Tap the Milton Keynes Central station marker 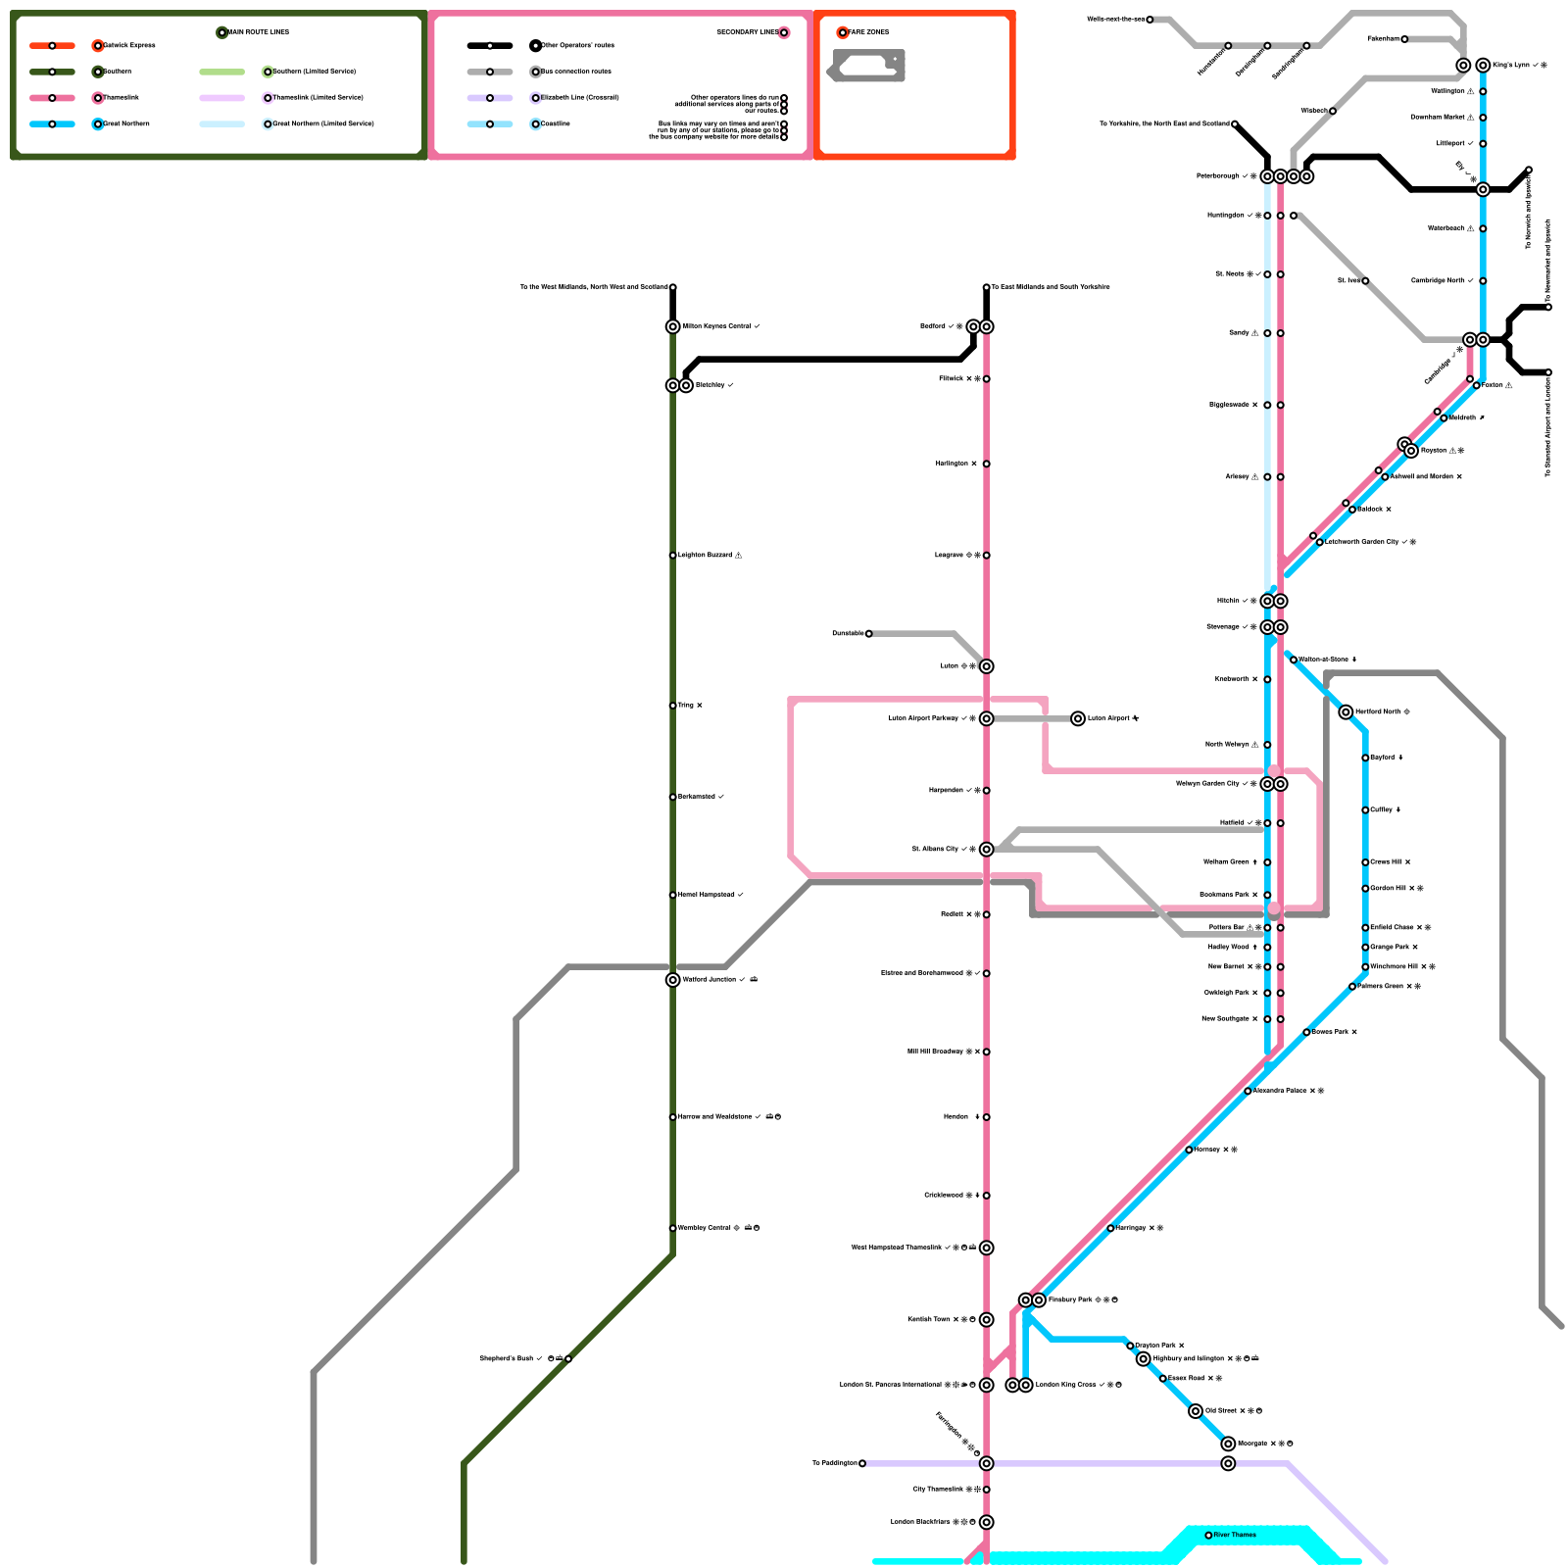click(x=672, y=326)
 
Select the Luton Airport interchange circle click(x=1078, y=718)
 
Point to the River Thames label click(x=1234, y=1535)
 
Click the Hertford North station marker click(x=1346, y=711)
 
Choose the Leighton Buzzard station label click(x=705, y=556)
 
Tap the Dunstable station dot click(x=868, y=634)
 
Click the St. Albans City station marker click(x=986, y=849)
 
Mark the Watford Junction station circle click(x=672, y=980)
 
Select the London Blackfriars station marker click(x=986, y=1522)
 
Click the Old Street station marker click(x=1196, y=1411)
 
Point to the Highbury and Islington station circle click(x=1143, y=1358)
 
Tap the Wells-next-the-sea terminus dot click(x=1150, y=20)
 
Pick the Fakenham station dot click(x=1404, y=39)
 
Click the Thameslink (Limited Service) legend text click(x=318, y=98)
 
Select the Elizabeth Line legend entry click(x=579, y=98)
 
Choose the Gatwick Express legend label click(x=129, y=46)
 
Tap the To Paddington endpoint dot click(x=862, y=1463)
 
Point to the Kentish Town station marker click(x=986, y=1319)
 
